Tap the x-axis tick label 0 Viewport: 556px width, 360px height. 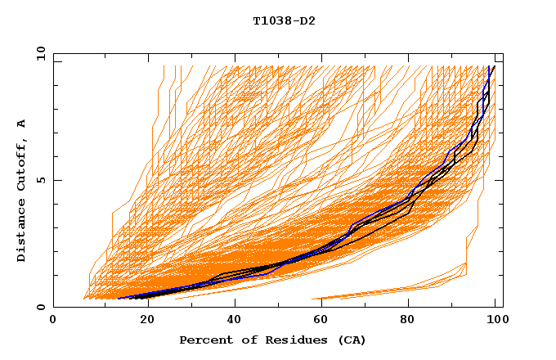pyautogui.click(x=53, y=320)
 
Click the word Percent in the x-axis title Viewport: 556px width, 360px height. pyautogui.click(x=203, y=340)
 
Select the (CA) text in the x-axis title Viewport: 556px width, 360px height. pyautogui.click(x=350, y=340)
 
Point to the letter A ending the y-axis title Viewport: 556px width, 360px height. pyautogui.click(x=22, y=123)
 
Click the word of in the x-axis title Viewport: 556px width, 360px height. pyautogui.click(x=242, y=340)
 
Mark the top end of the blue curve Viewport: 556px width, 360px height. pyautogui.click(x=489, y=66)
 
